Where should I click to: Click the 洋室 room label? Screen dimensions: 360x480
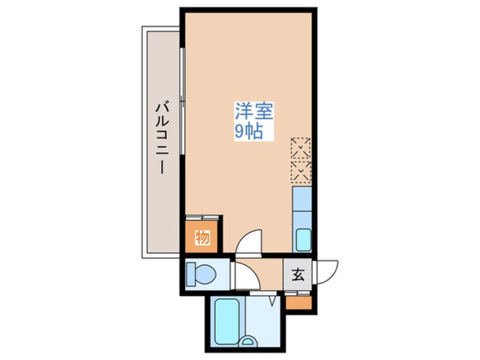[x=254, y=111]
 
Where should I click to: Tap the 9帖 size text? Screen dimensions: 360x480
[x=249, y=132]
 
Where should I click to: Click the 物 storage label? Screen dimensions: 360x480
[x=201, y=238]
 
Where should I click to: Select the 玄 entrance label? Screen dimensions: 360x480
[x=298, y=276]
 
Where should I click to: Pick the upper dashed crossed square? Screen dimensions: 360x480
[x=301, y=148]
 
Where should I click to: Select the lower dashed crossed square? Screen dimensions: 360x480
[x=301, y=171]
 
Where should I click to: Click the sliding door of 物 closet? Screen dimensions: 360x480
[x=201, y=218]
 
